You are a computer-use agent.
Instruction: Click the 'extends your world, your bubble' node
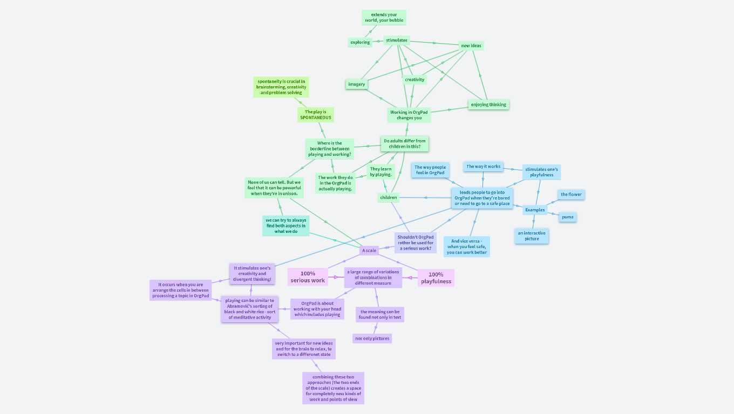384,17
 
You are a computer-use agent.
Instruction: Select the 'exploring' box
360,42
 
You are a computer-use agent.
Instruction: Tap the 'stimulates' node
397,40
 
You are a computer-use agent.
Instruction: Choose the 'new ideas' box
471,46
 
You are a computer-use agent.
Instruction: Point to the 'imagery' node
357,84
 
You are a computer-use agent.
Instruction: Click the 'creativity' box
414,80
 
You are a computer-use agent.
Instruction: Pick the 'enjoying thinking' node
488,105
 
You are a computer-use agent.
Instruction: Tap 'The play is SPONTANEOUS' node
316,115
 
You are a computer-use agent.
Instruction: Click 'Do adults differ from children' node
405,144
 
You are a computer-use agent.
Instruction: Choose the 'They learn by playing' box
381,172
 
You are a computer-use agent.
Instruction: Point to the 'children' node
389,198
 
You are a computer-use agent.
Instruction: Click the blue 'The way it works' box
484,167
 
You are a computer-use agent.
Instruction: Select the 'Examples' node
535,210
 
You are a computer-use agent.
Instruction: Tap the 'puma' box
568,217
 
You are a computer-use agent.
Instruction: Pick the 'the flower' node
571,195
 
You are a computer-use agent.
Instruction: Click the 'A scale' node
369,251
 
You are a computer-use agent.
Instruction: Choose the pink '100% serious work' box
308,277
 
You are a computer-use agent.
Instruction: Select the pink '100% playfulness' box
436,278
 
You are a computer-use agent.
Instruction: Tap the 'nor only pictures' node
372,339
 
